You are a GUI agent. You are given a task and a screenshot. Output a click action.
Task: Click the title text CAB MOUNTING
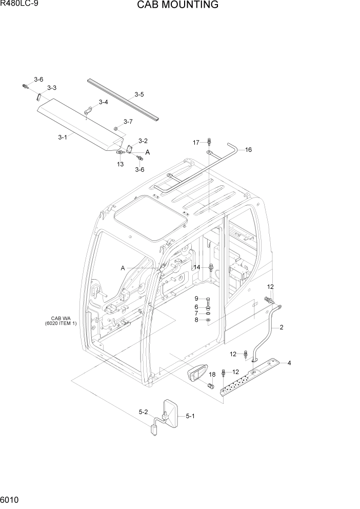(x=177, y=6)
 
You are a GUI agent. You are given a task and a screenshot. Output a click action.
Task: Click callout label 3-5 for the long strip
(x=139, y=94)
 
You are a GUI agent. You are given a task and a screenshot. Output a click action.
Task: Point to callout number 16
(x=248, y=150)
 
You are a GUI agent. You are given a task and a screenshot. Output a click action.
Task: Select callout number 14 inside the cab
(x=196, y=267)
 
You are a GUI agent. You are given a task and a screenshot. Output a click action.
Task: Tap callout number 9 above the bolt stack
(x=196, y=299)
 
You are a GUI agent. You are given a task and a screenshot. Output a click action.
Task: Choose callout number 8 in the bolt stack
(x=196, y=320)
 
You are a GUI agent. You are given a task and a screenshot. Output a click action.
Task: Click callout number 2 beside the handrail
(x=281, y=327)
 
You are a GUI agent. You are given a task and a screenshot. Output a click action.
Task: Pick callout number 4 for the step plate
(x=289, y=363)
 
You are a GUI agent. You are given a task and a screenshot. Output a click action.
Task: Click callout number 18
(x=212, y=375)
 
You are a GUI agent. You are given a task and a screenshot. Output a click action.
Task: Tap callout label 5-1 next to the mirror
(x=190, y=416)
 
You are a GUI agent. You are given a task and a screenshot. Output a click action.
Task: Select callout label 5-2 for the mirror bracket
(x=143, y=412)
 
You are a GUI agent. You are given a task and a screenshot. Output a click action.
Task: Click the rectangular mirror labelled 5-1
(x=171, y=413)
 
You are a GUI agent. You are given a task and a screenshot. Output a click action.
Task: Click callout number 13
(x=120, y=164)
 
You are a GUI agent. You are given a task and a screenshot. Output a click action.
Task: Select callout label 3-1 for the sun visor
(x=63, y=137)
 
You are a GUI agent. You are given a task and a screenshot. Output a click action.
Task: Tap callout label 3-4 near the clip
(x=103, y=102)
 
